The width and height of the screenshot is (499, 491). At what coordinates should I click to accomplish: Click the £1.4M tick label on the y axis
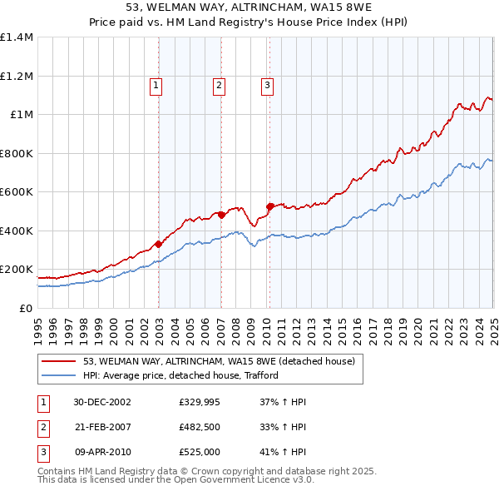coord(17,37)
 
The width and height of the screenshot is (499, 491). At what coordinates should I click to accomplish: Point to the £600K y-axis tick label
coord(17,192)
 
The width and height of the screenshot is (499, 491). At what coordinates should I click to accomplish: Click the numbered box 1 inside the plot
coord(156,84)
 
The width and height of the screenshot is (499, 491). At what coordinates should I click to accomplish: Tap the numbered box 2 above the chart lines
coord(218,84)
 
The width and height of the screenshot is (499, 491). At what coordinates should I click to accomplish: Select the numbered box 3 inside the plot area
coord(267,84)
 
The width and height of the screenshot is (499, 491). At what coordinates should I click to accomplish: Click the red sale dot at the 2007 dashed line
coord(221,215)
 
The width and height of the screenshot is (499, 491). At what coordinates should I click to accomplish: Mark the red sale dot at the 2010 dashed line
coord(269,206)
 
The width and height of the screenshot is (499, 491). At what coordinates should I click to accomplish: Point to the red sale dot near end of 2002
coord(159,244)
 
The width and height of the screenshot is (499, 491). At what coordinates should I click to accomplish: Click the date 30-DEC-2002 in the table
coord(102,402)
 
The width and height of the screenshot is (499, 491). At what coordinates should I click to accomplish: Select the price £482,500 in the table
coord(198,426)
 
